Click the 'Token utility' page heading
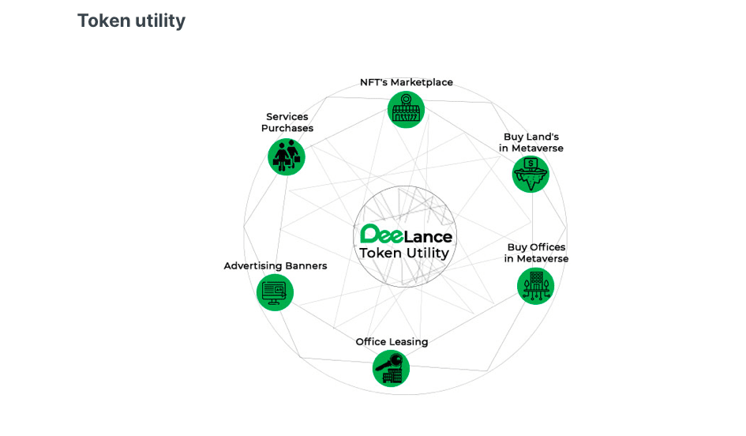coord(131,21)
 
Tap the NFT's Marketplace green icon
coord(407,109)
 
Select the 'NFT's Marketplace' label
coord(407,82)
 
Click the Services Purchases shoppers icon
coord(286,156)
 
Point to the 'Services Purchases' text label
coord(287,122)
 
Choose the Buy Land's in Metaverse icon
coord(530,174)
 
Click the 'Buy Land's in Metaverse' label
coord(531,142)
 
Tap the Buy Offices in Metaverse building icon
coord(536,286)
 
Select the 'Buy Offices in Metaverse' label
coord(537,253)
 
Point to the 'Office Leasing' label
coord(392,342)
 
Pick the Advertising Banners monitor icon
coord(276,292)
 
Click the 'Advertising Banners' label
coord(276,266)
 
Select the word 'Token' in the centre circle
coord(379,254)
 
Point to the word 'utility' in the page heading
coord(159,21)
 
